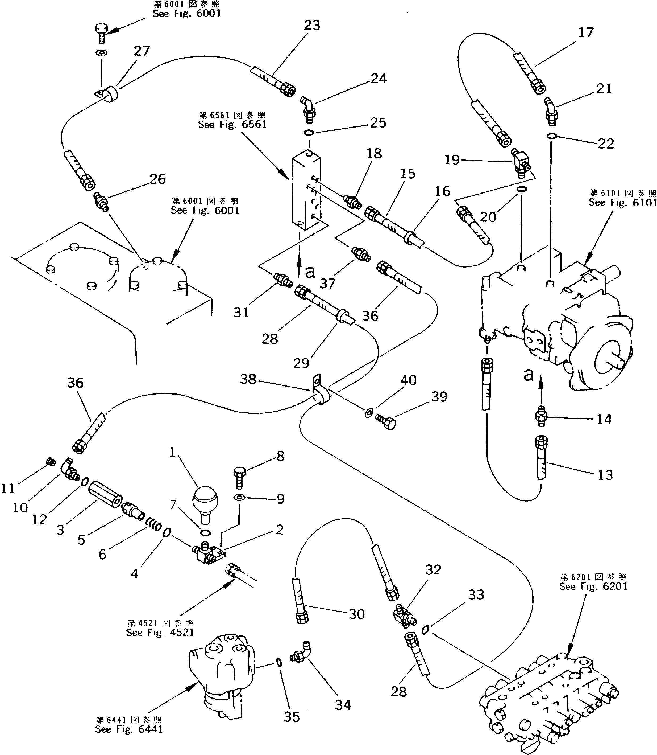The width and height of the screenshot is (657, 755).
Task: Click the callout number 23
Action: click(x=312, y=26)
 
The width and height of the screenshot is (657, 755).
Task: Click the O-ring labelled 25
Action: click(x=309, y=132)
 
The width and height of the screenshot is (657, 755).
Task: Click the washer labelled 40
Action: click(x=369, y=413)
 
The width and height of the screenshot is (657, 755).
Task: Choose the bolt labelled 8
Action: click(x=239, y=477)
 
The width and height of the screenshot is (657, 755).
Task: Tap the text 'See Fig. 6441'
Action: click(x=129, y=729)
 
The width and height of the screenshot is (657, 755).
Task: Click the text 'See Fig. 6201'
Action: click(x=593, y=586)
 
